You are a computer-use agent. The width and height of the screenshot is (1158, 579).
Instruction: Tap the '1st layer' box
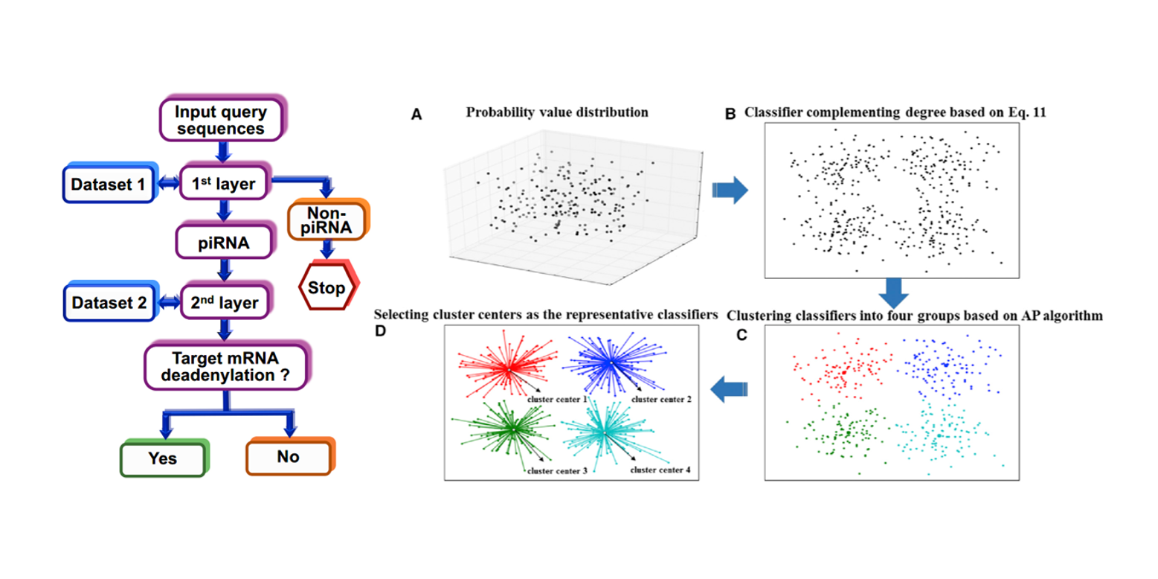(222, 182)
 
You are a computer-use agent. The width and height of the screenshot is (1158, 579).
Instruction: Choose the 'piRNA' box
(221, 243)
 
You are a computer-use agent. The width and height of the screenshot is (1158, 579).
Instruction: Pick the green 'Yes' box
(161, 457)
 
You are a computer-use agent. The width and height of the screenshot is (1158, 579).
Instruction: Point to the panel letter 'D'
(382, 331)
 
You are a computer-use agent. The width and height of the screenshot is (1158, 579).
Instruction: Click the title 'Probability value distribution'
(557, 113)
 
